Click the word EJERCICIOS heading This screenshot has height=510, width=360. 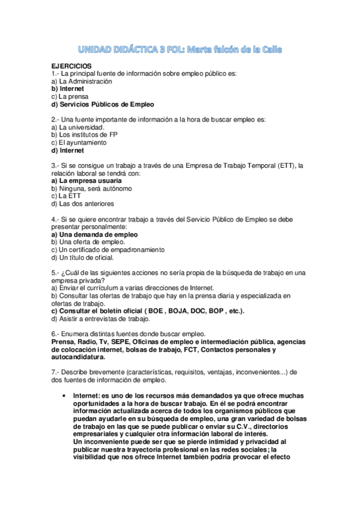point(72,65)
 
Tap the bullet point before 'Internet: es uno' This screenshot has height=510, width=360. point(65,395)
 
